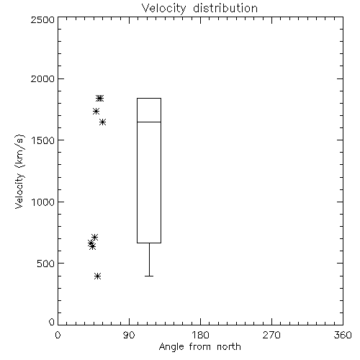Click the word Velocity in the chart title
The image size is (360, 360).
coord(163,9)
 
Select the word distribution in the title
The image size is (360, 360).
coord(225,8)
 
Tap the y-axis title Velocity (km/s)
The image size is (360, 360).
coord(19,171)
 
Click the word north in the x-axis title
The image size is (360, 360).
coord(229,346)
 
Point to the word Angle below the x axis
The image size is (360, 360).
coord(171,347)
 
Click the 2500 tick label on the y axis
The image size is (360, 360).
coord(42,19)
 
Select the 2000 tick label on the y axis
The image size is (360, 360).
coord(42,78)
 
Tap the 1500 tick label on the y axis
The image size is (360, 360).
coord(43,140)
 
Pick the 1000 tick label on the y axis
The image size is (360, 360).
coord(43,202)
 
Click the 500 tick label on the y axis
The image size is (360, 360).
coord(46,264)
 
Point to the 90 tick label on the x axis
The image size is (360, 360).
coord(129,335)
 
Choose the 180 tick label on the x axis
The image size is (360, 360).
coord(200,335)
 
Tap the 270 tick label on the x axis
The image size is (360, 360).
coord(271,335)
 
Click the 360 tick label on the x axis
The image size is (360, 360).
coord(343,335)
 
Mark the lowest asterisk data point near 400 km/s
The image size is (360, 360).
coord(97,276)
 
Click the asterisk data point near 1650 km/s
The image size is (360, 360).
coord(103,122)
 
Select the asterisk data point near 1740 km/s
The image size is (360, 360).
coord(96,111)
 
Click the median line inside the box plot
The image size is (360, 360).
coord(149,122)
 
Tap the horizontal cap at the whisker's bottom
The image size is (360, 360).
coord(149,276)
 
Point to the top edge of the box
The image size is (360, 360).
coord(149,98)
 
